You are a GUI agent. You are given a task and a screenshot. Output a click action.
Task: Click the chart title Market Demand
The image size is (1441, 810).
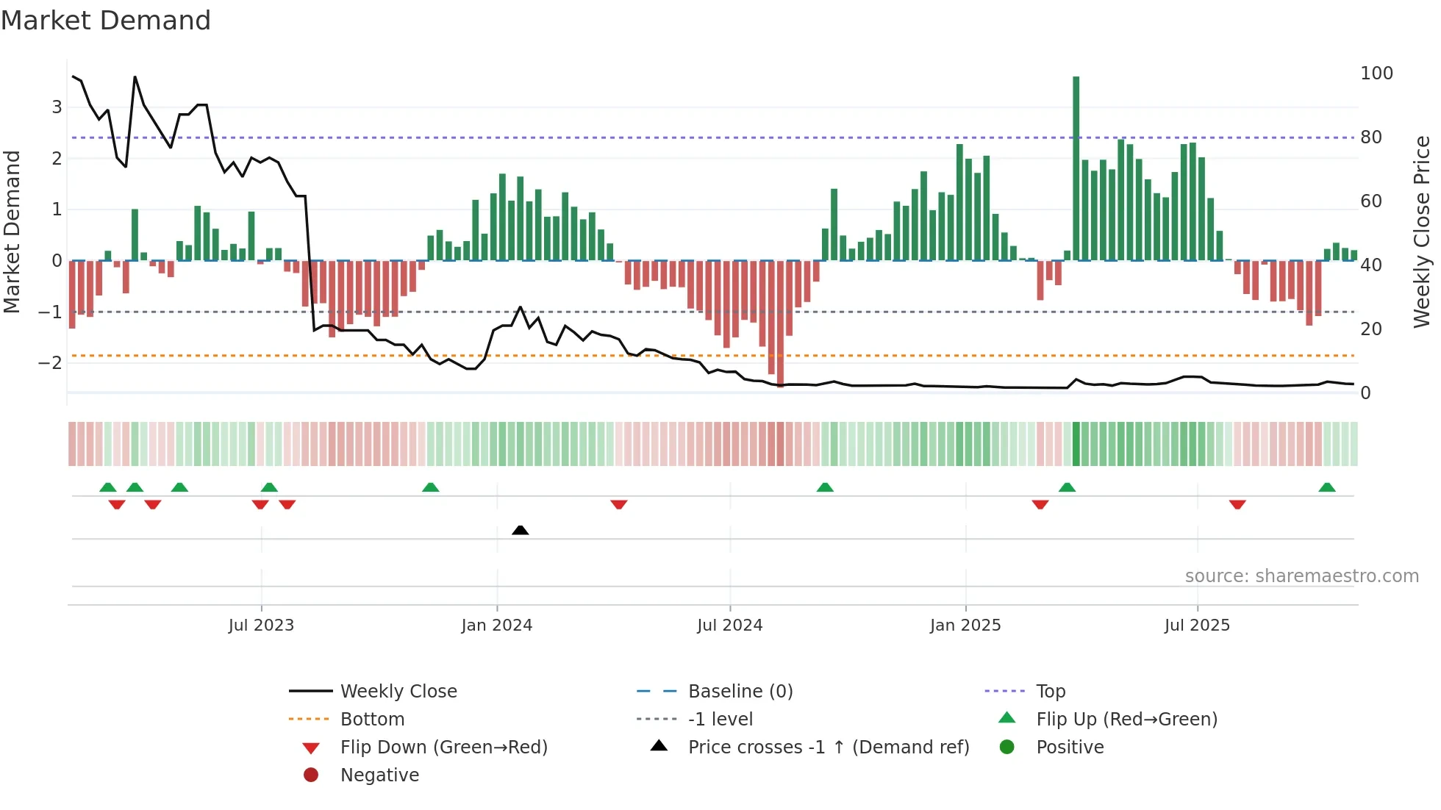pos(106,21)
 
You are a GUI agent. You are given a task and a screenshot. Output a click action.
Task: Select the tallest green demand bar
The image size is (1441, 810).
pos(1076,169)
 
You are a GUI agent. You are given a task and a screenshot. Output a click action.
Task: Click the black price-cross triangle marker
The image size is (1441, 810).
pos(520,530)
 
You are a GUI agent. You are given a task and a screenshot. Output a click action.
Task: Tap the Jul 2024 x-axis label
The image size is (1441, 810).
pos(729,626)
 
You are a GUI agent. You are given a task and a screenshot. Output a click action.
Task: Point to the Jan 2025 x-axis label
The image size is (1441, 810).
pos(965,626)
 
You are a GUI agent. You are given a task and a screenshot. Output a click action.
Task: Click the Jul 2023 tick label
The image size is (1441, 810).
pos(261,626)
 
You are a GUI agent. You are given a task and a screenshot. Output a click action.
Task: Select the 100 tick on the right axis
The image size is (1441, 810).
pos(1376,74)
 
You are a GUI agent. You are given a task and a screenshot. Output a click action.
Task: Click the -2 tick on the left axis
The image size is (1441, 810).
pos(50,363)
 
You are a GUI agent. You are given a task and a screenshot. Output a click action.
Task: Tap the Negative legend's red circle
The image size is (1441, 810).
pos(311,775)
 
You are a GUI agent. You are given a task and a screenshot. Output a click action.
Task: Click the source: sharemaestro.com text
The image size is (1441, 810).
pos(1301,576)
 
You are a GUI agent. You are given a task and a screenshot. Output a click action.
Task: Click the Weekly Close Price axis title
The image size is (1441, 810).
pos(1422,232)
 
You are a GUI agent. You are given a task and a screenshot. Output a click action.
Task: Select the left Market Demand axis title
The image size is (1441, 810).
pos(12,232)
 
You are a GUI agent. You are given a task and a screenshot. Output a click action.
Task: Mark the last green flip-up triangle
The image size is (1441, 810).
pos(1326,487)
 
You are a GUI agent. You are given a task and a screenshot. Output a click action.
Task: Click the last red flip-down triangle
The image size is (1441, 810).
pos(1237,504)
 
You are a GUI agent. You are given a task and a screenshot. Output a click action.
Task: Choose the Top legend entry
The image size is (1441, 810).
pos(1050,692)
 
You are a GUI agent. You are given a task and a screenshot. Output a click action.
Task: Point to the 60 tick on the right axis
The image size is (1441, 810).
pos(1370,201)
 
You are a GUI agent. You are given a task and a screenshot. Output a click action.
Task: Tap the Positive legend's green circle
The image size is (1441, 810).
pos(1007,748)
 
